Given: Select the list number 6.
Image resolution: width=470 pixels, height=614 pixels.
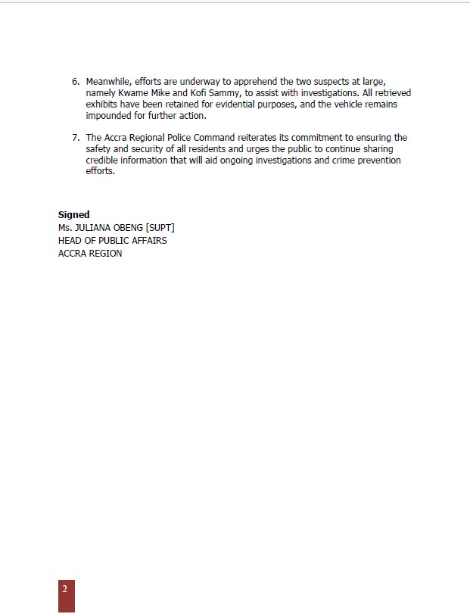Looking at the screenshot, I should click(x=76, y=81).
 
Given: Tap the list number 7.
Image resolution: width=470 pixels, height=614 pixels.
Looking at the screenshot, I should click(x=76, y=138).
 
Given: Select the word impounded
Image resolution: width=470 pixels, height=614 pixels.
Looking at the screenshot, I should click(x=108, y=116).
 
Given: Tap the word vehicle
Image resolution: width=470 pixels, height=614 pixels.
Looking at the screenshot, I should click(x=336, y=104).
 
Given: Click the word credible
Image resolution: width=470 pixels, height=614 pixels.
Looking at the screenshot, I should click(x=102, y=161).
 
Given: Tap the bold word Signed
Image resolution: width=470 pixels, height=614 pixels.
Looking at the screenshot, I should click(x=73, y=215).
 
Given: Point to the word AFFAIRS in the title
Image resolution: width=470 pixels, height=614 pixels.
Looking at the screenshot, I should click(x=147, y=240).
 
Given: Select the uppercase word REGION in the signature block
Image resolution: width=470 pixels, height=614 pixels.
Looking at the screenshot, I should click(x=105, y=254).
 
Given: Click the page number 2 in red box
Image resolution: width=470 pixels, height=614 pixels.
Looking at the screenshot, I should click(x=66, y=590).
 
